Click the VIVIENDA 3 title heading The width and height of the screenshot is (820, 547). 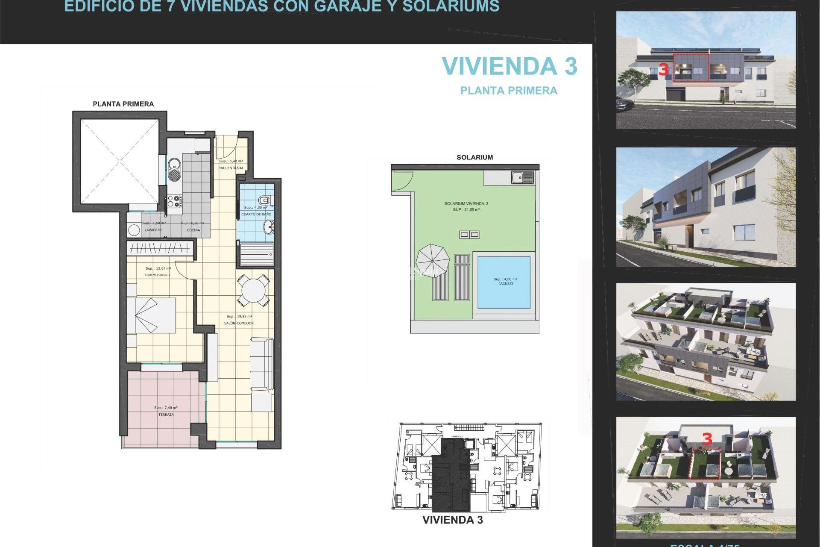[509, 67]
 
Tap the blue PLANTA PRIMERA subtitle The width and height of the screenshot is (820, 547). [509, 91]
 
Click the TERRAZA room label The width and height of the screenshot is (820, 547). [166, 415]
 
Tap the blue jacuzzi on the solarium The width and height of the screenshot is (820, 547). [504, 282]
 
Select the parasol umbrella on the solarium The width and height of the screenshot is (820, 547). [433, 260]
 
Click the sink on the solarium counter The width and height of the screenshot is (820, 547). [522, 177]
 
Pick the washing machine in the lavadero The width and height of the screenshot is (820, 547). [134, 229]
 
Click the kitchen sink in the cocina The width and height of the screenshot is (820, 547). [174, 169]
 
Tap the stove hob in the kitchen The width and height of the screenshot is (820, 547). [175, 201]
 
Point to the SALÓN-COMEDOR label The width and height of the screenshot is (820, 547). [239, 323]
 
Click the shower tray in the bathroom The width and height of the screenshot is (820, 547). [256, 255]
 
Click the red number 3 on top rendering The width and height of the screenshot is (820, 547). [664, 70]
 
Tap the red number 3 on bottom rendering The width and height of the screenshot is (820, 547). [707, 439]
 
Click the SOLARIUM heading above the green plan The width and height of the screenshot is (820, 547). [474, 157]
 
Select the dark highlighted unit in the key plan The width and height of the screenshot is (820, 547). [451, 479]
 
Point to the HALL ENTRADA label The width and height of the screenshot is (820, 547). [231, 168]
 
